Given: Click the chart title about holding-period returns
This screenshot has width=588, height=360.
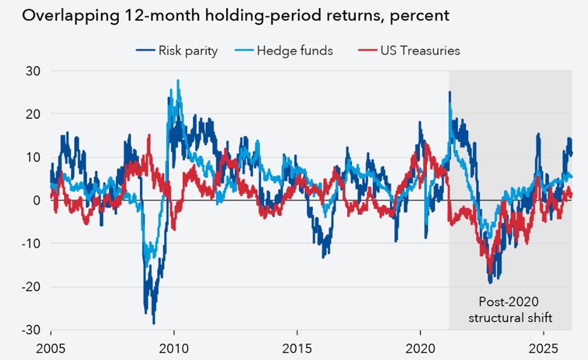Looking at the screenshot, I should click(x=235, y=15).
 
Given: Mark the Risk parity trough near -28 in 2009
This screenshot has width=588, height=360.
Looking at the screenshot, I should click(x=154, y=323).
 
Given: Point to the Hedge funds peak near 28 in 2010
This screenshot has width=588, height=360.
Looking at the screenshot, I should click(x=178, y=81).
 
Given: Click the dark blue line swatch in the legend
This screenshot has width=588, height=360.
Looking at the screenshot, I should click(x=144, y=51).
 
